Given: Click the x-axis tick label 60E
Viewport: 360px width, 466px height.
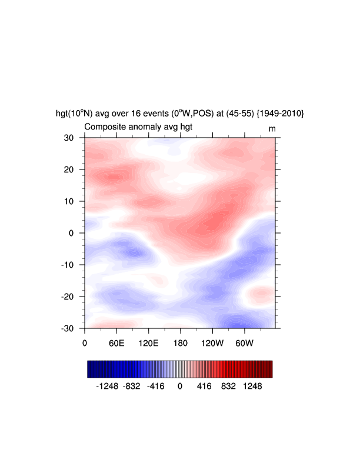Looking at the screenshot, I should point(116,342).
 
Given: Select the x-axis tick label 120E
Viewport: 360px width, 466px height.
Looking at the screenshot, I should point(148,342).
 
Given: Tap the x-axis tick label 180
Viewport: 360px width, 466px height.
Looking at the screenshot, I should point(181,342).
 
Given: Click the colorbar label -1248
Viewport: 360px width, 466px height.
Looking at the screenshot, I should point(107,387).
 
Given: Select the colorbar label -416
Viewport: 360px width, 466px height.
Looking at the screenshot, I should point(155,387).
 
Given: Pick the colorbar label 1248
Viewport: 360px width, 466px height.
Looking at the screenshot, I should point(254,387).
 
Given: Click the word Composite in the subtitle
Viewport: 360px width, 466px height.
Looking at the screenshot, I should point(104,128).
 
